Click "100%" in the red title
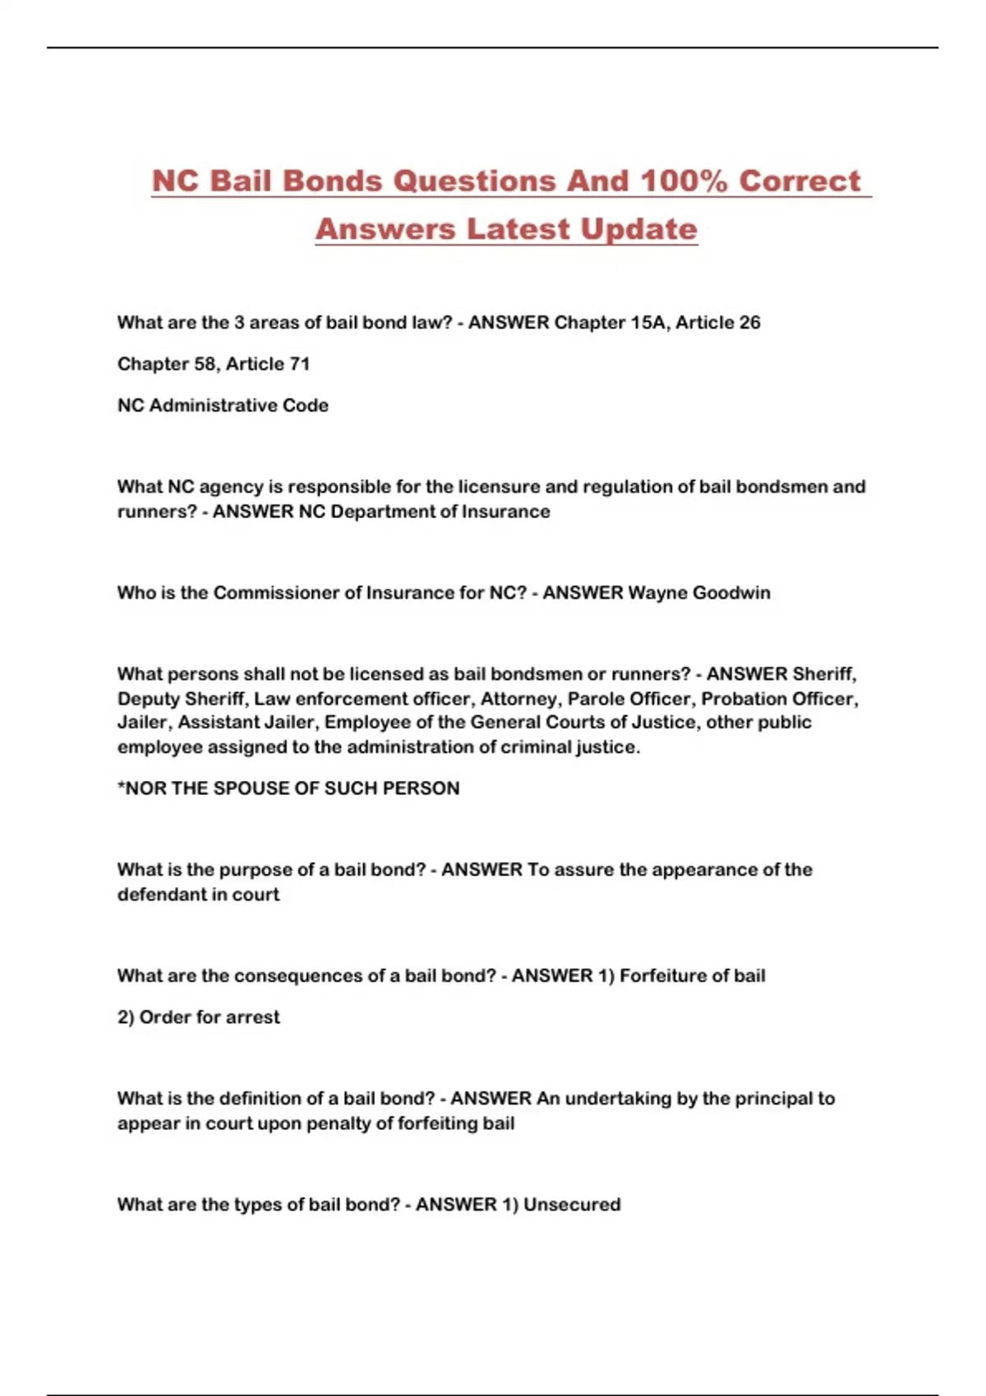[x=684, y=181]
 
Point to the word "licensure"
[x=500, y=487]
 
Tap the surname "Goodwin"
[x=731, y=593]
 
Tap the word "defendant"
[x=159, y=894]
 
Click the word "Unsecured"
[x=572, y=1205]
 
